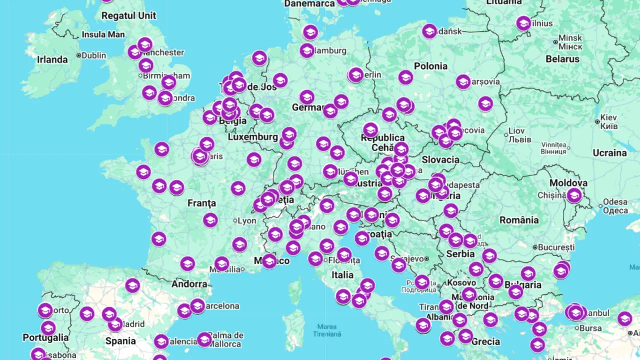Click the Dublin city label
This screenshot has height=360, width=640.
94,55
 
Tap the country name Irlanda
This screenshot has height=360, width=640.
52,60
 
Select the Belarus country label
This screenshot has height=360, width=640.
563,59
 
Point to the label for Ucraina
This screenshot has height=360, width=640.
609,153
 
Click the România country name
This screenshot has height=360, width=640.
519,220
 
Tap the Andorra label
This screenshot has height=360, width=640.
189,284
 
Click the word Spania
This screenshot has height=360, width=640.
120,341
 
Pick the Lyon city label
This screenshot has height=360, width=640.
247,221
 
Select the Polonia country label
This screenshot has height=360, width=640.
431,66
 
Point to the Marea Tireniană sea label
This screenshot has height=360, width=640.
327,330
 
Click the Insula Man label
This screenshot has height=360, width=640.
103,35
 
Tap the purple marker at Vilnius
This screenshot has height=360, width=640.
523,23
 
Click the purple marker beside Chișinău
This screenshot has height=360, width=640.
574,195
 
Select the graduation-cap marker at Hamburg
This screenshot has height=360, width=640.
307,50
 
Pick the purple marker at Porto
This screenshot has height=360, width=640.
45,310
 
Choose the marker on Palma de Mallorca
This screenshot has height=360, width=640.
204,340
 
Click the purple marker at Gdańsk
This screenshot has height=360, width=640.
429,31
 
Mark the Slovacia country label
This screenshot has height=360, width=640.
440,160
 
